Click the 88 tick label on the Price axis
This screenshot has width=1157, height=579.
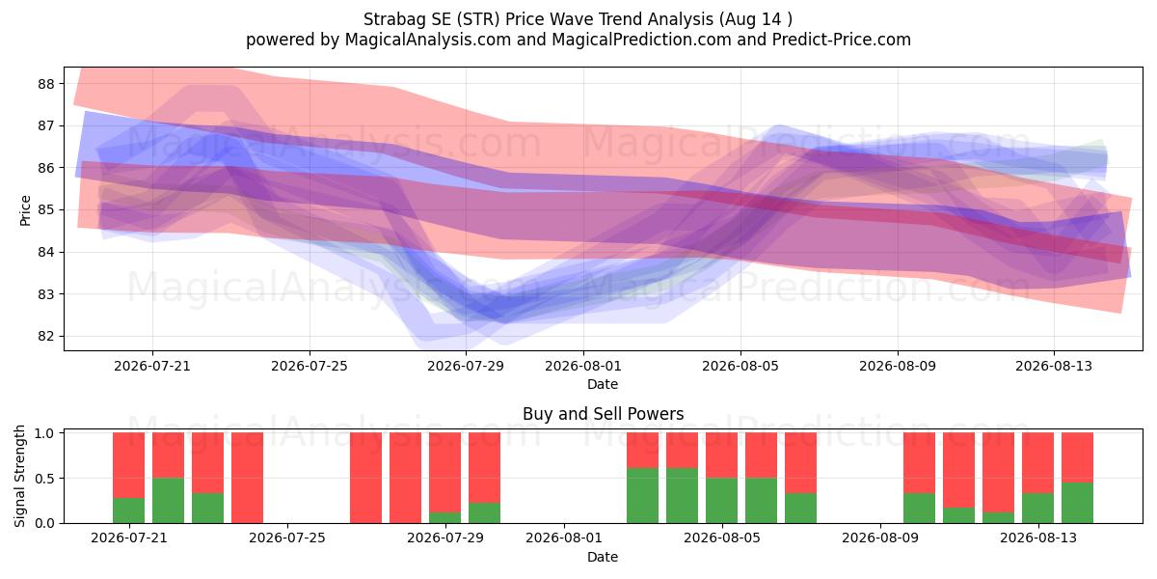pos(46,84)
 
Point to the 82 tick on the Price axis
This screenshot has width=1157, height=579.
pos(46,337)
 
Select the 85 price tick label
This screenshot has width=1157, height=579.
pos(46,210)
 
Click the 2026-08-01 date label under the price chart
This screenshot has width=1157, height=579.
pos(583,366)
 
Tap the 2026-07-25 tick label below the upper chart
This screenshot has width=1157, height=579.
pos(309,366)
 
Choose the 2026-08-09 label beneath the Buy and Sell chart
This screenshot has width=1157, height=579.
pos(880,538)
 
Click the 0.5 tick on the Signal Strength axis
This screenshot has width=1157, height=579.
pos(45,479)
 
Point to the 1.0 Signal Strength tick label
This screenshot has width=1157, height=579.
pos(45,433)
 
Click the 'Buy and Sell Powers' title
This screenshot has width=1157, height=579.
pos(603,414)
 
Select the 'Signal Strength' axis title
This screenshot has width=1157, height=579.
pos(19,476)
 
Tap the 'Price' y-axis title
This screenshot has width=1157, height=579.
pos(25,210)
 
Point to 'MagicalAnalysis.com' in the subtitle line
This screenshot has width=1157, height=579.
pos(428,40)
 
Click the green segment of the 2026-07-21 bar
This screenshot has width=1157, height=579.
pos(128,510)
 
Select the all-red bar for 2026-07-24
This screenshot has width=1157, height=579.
pos(248,478)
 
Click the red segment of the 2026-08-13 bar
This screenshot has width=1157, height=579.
pos(1037,462)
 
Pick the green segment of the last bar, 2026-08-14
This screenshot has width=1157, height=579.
pos(1078,503)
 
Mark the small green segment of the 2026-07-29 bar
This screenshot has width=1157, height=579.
pos(444,517)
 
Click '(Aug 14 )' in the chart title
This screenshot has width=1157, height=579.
pos(755,19)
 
